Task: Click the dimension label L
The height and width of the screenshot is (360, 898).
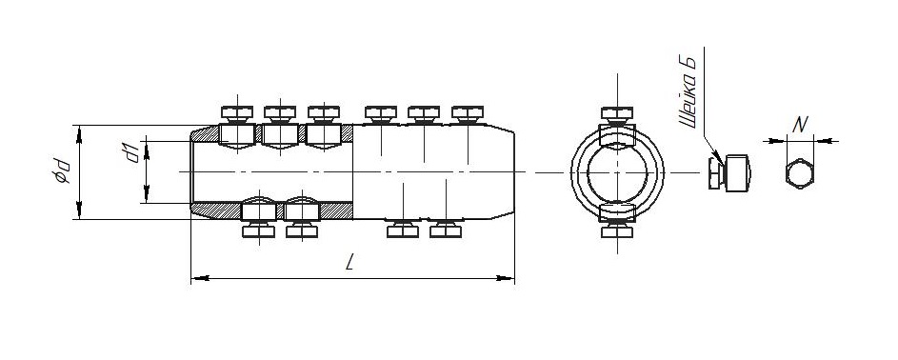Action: (x=350, y=262)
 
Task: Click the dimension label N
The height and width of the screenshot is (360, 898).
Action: (x=800, y=125)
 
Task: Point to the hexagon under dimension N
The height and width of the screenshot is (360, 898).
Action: (x=800, y=174)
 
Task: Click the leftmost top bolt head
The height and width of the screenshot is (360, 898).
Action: (x=237, y=112)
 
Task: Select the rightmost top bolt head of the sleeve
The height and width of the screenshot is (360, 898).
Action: (x=468, y=112)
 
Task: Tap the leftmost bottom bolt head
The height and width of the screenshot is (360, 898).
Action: (x=258, y=230)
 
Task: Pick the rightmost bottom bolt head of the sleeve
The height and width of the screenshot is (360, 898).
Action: (x=446, y=230)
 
